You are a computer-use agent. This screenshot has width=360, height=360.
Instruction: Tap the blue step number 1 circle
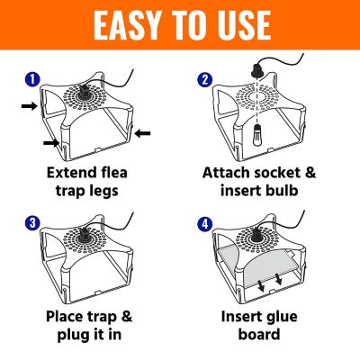[32, 78]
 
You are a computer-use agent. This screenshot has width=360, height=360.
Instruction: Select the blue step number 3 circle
[32, 219]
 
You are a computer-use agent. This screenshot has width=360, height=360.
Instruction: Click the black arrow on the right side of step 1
[144, 134]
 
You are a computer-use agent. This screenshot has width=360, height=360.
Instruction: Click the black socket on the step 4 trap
[261, 237]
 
